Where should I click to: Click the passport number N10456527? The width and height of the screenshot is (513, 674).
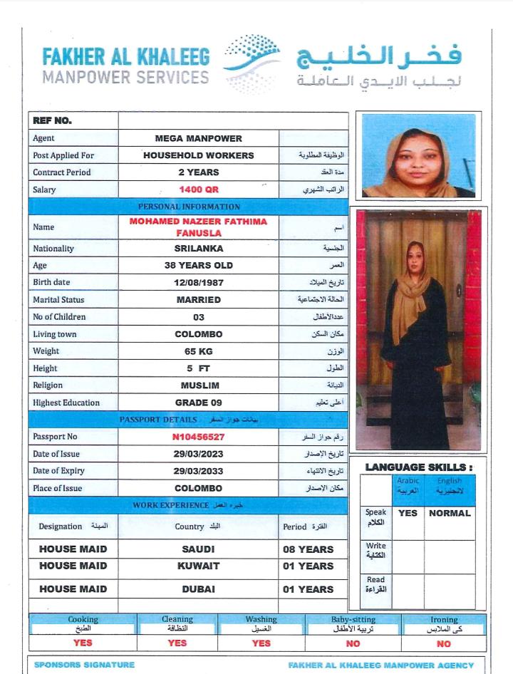198,437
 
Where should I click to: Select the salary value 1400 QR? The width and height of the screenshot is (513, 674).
198,190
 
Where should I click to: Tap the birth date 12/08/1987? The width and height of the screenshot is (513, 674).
198,283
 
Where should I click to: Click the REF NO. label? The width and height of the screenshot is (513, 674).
53,120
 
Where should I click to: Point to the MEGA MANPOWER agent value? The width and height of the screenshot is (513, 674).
198,138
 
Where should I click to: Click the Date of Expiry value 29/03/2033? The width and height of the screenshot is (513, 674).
198,471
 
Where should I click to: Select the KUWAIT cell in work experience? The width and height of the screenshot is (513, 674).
198,566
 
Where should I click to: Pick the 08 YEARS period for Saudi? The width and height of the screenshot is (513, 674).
308,549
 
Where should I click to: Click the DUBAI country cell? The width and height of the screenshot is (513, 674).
198,589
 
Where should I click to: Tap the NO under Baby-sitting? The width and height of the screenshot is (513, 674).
353,643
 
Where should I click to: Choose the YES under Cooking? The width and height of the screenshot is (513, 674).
83,643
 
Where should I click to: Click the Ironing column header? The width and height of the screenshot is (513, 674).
444,620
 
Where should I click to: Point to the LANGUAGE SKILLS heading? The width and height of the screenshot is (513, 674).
419,467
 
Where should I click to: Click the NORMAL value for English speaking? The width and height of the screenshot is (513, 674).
450,513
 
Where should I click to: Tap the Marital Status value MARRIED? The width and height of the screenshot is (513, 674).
198,300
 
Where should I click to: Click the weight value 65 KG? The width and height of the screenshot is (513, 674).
198,351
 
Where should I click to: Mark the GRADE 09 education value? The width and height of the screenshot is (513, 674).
198,403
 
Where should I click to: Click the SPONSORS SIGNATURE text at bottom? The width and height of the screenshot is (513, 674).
84,665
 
